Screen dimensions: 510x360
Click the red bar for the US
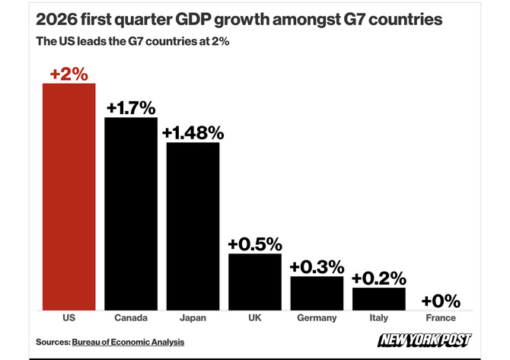69,197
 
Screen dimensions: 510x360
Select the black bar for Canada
131,214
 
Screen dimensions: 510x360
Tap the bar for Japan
193,226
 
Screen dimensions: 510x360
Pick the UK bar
255,282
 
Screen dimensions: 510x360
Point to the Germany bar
317,293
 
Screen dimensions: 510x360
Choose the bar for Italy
379,299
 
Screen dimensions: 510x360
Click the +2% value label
69,74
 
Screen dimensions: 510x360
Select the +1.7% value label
131,108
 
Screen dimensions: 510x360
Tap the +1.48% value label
193,133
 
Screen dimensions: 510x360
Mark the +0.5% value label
255,244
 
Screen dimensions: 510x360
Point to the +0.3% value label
317,267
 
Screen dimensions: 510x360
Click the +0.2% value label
379,279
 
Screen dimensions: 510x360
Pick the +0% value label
441,301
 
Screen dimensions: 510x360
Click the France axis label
441,317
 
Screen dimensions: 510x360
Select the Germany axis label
317,317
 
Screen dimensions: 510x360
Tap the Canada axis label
131,317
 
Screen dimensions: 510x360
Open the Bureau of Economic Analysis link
128,342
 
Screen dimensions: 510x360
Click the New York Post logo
425,340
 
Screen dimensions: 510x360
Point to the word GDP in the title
193,20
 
